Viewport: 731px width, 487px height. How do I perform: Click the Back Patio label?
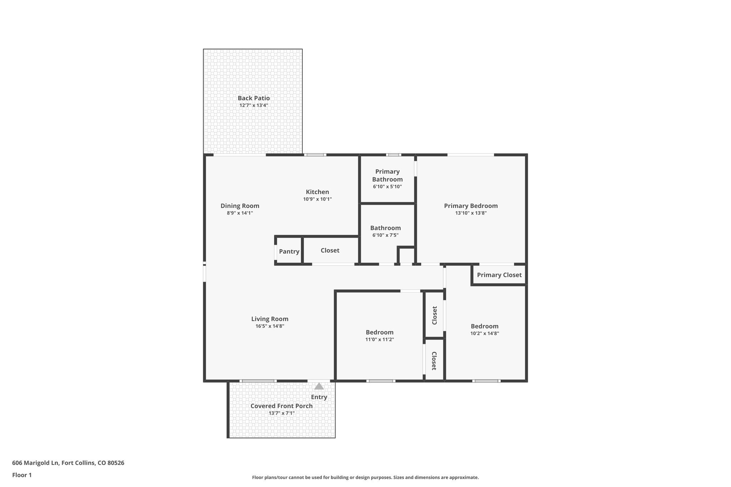tap(253, 98)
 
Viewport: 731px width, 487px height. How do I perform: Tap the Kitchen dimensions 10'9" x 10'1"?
tap(317, 199)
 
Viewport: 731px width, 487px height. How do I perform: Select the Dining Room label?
tap(240, 206)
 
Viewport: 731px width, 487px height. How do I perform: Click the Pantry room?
tap(289, 252)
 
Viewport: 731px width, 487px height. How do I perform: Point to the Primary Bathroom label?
tap(387, 176)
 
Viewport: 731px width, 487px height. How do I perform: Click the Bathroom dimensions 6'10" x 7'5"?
tap(385, 235)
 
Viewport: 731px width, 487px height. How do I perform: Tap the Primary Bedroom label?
tap(470, 206)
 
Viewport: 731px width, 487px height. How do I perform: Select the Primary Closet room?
tap(499, 275)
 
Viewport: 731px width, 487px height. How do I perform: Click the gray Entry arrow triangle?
tap(319, 386)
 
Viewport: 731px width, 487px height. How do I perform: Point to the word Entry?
tap(319, 397)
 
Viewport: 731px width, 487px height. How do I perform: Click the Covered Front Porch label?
tap(281, 406)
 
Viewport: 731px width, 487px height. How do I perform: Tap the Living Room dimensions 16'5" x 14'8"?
tap(269, 326)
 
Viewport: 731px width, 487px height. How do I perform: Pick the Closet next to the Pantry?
tap(330, 250)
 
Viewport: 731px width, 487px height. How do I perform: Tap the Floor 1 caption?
tap(22, 475)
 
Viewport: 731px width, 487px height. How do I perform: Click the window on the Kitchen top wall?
tap(315, 155)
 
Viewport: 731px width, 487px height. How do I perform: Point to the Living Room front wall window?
tap(258, 381)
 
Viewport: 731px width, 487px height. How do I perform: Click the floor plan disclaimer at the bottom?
tap(365, 477)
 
